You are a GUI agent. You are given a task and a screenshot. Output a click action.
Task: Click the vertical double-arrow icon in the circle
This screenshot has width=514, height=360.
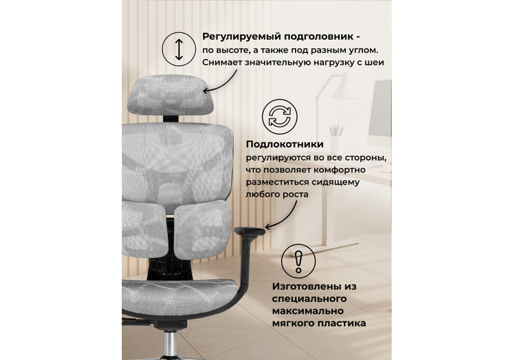(180, 48)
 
